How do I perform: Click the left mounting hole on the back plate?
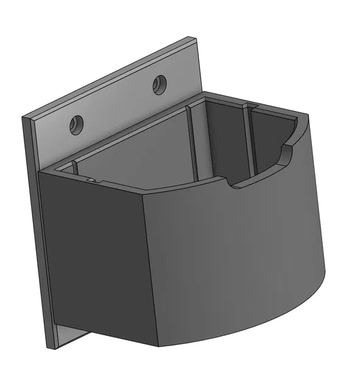tap(76, 124)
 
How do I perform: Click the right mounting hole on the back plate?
tap(160, 84)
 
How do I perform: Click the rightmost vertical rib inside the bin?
tap(248, 140)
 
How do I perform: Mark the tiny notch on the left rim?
tap(90, 180)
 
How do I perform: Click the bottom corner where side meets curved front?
tap(157, 345)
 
